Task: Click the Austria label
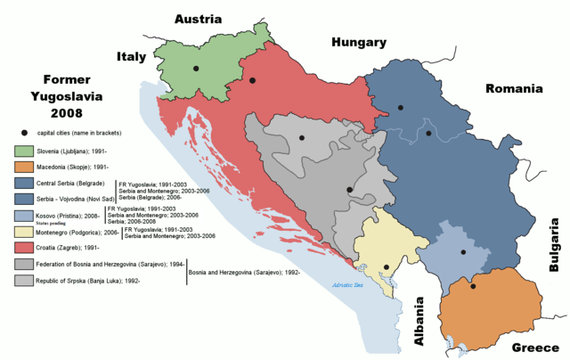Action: [203, 19]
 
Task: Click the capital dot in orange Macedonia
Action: [473, 286]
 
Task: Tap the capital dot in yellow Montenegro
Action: [386, 267]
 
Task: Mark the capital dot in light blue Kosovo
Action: [461, 252]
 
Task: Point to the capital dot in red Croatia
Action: [253, 81]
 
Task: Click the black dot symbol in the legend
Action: [20, 133]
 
